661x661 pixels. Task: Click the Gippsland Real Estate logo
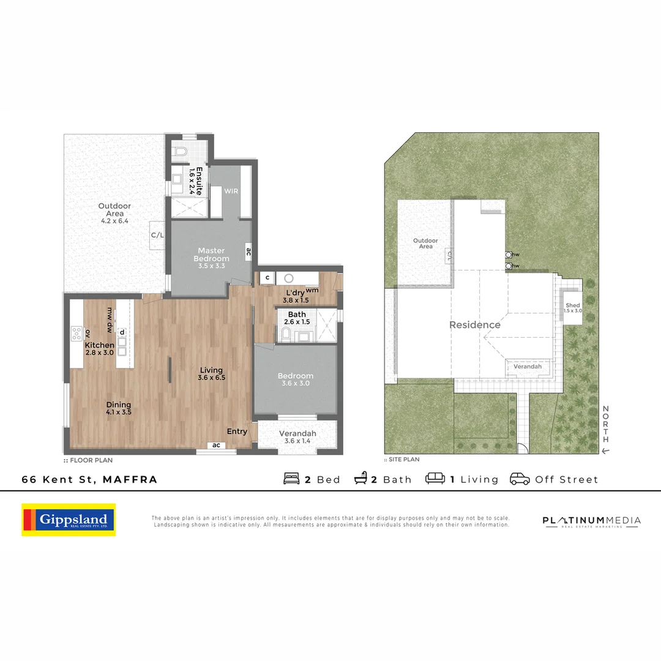point(69,520)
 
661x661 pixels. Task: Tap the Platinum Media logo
point(591,521)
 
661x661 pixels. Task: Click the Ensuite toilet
point(181,151)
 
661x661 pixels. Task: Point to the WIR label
point(231,191)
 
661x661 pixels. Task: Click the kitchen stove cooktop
point(77,334)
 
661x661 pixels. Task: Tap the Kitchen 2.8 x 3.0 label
point(100,349)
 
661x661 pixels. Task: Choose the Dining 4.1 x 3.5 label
point(119,408)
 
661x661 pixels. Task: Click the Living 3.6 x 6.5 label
point(211,374)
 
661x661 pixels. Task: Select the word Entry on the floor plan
point(237,431)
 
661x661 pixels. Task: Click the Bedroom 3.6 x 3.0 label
point(295,379)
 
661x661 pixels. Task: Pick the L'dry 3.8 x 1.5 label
point(296,296)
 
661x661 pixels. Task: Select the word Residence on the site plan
point(475,325)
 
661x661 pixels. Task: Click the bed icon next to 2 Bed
point(292,479)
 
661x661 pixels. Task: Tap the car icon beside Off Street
point(520,479)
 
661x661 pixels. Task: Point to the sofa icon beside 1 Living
point(435,479)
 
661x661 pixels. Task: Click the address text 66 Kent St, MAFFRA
point(89,480)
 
